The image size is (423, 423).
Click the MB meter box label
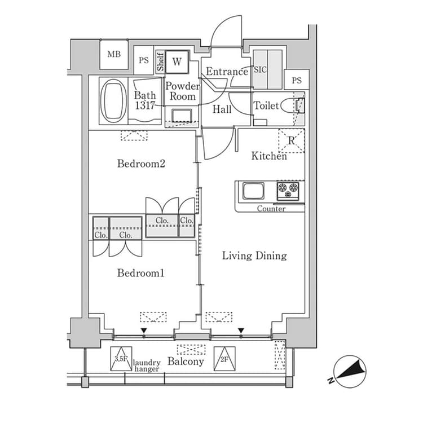tap(114, 54)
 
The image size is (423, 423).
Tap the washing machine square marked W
tap(177, 62)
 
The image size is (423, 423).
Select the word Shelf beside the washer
tap(160, 62)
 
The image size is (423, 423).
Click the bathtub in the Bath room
tap(113, 101)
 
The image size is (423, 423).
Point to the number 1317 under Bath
tap(145, 105)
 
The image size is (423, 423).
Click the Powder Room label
tap(183, 91)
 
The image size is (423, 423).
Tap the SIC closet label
tap(260, 69)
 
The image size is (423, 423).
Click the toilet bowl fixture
tap(292, 105)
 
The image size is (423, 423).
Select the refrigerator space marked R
tap(292, 140)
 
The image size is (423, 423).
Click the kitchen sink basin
tap(253, 191)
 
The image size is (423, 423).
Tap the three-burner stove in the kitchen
tap(288, 191)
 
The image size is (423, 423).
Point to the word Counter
tap(271, 209)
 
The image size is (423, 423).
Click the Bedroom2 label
tap(141, 164)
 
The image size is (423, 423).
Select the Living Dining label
tap(254, 255)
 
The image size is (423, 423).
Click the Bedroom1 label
tap(141, 273)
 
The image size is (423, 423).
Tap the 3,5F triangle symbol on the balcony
tap(121, 359)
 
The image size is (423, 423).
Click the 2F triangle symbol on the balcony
tap(224, 359)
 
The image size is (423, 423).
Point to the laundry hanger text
tap(147, 366)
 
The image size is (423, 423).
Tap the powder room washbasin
tap(182, 116)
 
